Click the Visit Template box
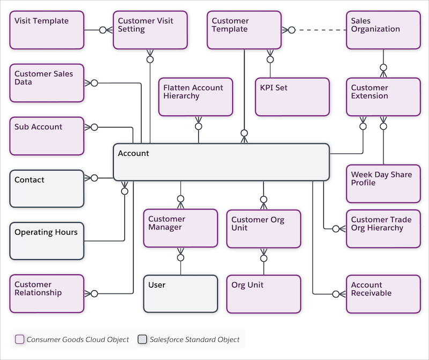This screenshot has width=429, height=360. (47, 30)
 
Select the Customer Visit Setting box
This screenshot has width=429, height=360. (150, 30)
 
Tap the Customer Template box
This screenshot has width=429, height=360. (245, 30)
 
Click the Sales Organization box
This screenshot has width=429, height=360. (383, 30)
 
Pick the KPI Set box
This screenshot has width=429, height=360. (292, 97)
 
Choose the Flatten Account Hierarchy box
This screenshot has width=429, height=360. (196, 97)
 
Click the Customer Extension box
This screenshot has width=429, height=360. (383, 97)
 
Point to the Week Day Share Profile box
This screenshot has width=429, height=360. (383, 183)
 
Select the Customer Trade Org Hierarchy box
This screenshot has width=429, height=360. (383, 228)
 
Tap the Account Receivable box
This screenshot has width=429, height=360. (383, 294)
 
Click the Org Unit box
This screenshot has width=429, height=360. (263, 294)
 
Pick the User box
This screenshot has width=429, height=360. (181, 294)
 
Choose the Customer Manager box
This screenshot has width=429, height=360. (181, 228)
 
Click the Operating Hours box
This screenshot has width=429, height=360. (47, 241)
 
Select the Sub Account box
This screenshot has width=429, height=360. (47, 136)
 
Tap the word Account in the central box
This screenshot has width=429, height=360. (134, 154)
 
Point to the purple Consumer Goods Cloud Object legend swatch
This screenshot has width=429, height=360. (20, 339)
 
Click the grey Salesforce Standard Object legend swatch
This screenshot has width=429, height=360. (142, 339)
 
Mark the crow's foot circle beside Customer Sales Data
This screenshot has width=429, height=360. (94, 83)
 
